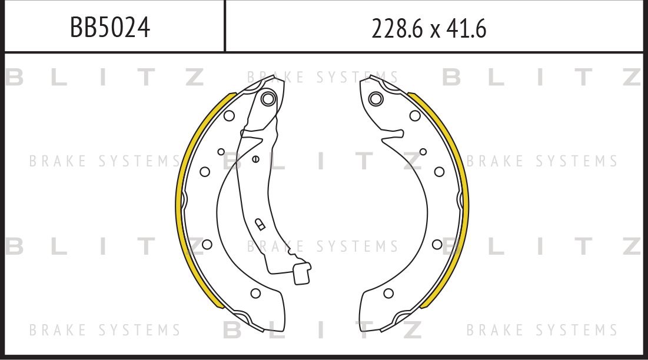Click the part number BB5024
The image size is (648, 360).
pos(110,28)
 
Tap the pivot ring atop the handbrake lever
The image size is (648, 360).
pos(268,99)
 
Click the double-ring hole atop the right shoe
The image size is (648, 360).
pos(375,98)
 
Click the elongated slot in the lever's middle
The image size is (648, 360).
pos(259,224)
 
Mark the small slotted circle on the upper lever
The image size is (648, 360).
pos(255,158)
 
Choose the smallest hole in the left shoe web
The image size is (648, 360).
pos(221,152)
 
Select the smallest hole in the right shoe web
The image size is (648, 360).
pos(423,152)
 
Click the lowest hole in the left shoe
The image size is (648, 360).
pos(255,293)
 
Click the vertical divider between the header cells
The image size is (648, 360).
pos(225,26)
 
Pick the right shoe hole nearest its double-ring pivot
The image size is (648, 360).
pos(415,115)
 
